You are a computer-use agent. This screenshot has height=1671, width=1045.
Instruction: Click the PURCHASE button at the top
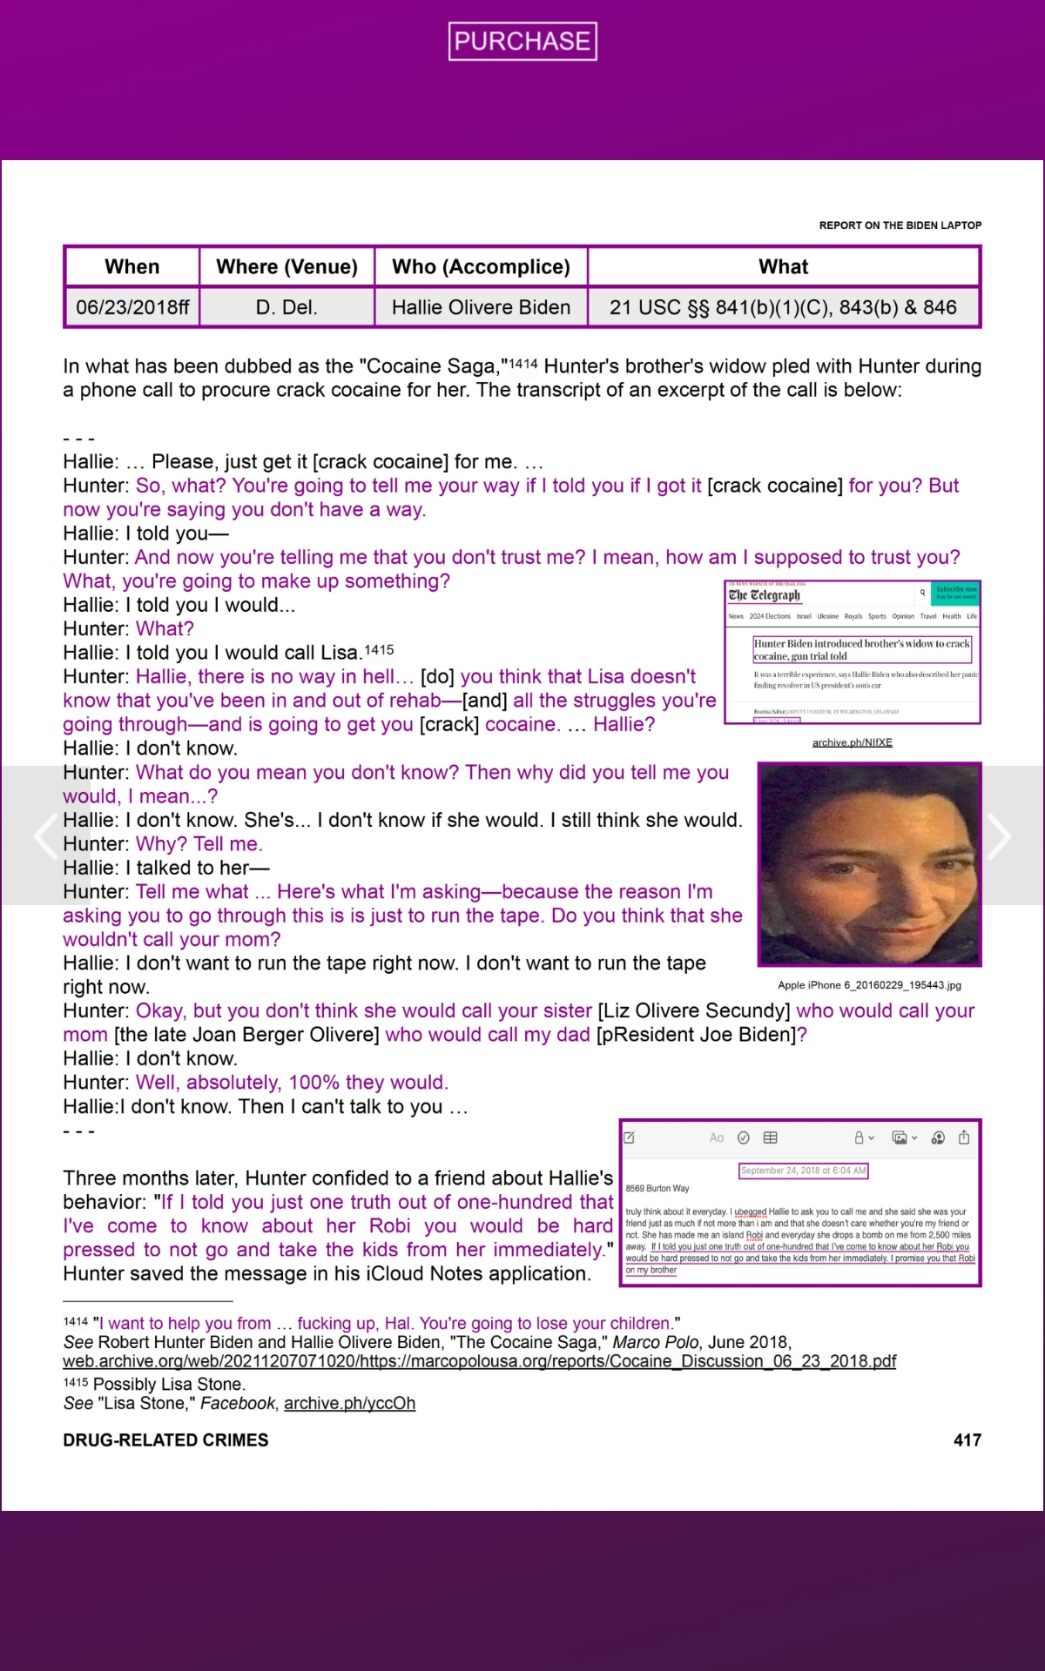click(522, 41)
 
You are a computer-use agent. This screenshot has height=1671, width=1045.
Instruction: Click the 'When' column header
click(132, 266)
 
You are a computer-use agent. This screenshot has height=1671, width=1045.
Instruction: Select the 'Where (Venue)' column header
click(287, 266)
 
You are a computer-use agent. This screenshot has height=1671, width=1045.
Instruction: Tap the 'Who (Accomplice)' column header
click(481, 266)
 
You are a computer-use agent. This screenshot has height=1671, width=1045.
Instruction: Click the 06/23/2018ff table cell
click(132, 307)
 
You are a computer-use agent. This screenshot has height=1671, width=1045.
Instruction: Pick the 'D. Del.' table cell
click(287, 307)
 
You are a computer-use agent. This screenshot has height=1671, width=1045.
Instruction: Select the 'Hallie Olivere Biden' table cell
click(481, 307)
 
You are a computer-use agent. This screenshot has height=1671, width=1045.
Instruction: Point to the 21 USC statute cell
click(783, 307)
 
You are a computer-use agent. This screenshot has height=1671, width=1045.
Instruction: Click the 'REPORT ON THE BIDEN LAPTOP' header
click(900, 225)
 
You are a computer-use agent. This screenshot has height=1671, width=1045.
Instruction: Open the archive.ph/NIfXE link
click(852, 742)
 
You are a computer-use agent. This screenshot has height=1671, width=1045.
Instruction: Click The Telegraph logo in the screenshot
click(764, 595)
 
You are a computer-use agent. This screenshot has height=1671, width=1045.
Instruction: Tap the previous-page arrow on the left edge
click(44, 836)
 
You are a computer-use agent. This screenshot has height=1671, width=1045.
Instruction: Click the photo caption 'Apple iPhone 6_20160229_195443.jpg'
click(869, 985)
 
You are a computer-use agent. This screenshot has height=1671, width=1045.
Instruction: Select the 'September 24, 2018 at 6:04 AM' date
click(804, 1171)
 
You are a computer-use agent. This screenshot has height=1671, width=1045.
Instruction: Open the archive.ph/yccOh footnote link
click(349, 1403)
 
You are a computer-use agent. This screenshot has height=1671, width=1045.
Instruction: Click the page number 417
click(967, 1439)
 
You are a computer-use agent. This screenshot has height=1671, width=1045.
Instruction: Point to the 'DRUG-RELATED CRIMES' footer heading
click(165, 1439)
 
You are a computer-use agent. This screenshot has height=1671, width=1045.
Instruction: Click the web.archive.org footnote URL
click(479, 1361)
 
